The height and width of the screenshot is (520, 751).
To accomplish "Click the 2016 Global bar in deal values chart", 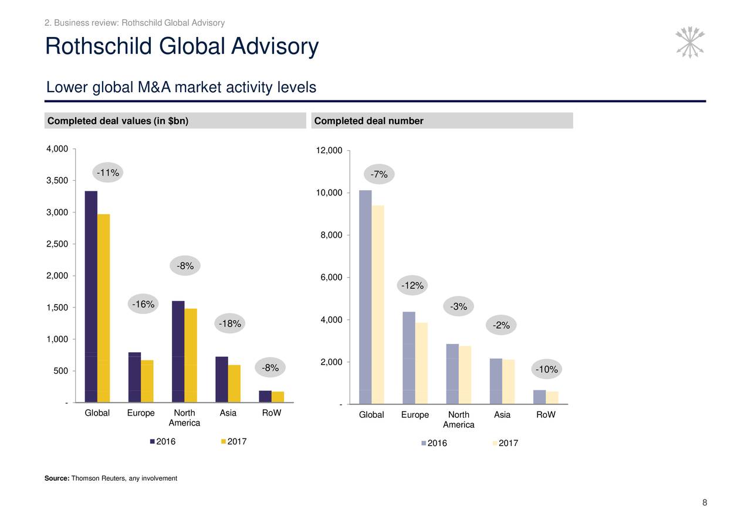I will point(91,296).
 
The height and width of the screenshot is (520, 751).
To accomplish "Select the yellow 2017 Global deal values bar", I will point(104,308).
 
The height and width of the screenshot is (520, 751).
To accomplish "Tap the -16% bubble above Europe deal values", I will point(143,304).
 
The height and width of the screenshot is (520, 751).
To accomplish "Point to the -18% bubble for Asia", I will point(229,324).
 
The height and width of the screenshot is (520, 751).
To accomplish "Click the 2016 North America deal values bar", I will point(178,352).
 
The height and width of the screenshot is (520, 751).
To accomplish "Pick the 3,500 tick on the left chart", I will point(57,180).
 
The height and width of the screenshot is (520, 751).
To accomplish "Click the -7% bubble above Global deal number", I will point(380,174).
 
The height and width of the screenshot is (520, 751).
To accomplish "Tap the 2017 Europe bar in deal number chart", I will point(422,363).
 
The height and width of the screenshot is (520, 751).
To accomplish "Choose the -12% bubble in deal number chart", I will point(412,286).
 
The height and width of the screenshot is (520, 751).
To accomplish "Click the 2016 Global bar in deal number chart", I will point(365,297).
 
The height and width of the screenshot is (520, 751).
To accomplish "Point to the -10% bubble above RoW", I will point(547,369).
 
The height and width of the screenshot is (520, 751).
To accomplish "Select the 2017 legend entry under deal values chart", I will point(233,442).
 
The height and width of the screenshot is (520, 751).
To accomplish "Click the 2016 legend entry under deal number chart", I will point(434,443).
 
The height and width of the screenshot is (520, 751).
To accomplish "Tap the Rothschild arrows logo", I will point(690,42).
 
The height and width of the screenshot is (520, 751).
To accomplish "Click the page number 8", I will point(704,502).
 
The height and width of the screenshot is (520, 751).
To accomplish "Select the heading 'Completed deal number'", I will point(368,121).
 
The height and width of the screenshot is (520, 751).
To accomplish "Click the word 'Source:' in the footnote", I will point(57,478).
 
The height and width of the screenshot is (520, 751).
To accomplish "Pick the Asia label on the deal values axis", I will point(228,413).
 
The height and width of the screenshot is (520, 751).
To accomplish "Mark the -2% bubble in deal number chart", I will point(501,326).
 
